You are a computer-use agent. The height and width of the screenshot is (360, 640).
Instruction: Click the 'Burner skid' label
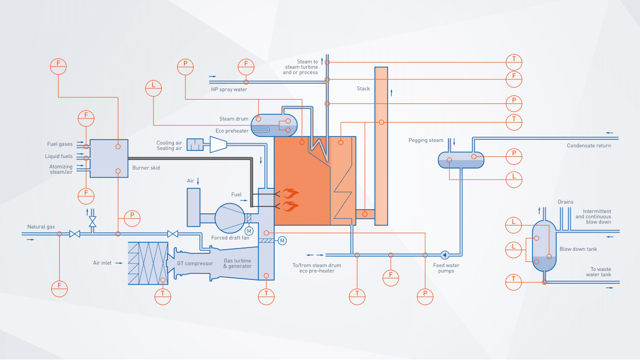tap(146, 167)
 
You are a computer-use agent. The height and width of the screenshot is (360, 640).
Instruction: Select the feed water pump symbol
tap(445, 254)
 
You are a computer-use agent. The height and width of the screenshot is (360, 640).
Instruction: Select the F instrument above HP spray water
tap(246, 66)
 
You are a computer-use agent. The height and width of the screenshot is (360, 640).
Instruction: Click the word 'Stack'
tap(363, 89)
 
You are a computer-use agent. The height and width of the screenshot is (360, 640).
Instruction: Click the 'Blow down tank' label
tap(578, 249)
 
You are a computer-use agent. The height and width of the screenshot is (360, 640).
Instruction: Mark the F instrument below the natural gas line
tap(59, 288)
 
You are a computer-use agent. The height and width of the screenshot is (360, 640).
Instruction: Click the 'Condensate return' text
tap(589, 145)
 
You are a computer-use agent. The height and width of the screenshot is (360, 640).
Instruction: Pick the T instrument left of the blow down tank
tap(514, 282)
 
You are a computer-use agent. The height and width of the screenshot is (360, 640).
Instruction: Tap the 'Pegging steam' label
tap(426, 140)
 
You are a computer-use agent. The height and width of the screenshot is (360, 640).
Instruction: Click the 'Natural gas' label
tap(41, 227)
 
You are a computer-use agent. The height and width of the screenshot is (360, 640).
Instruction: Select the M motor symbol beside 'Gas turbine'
tap(282, 241)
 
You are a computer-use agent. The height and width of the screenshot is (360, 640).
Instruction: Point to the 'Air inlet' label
tap(102, 263)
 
